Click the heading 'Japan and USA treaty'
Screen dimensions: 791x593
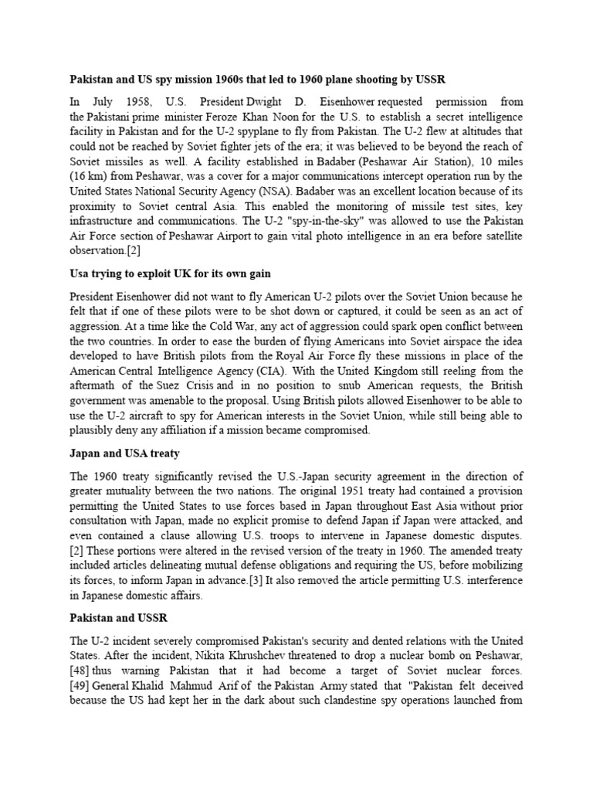point(124,453)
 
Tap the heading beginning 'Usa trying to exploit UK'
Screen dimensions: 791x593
point(170,273)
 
